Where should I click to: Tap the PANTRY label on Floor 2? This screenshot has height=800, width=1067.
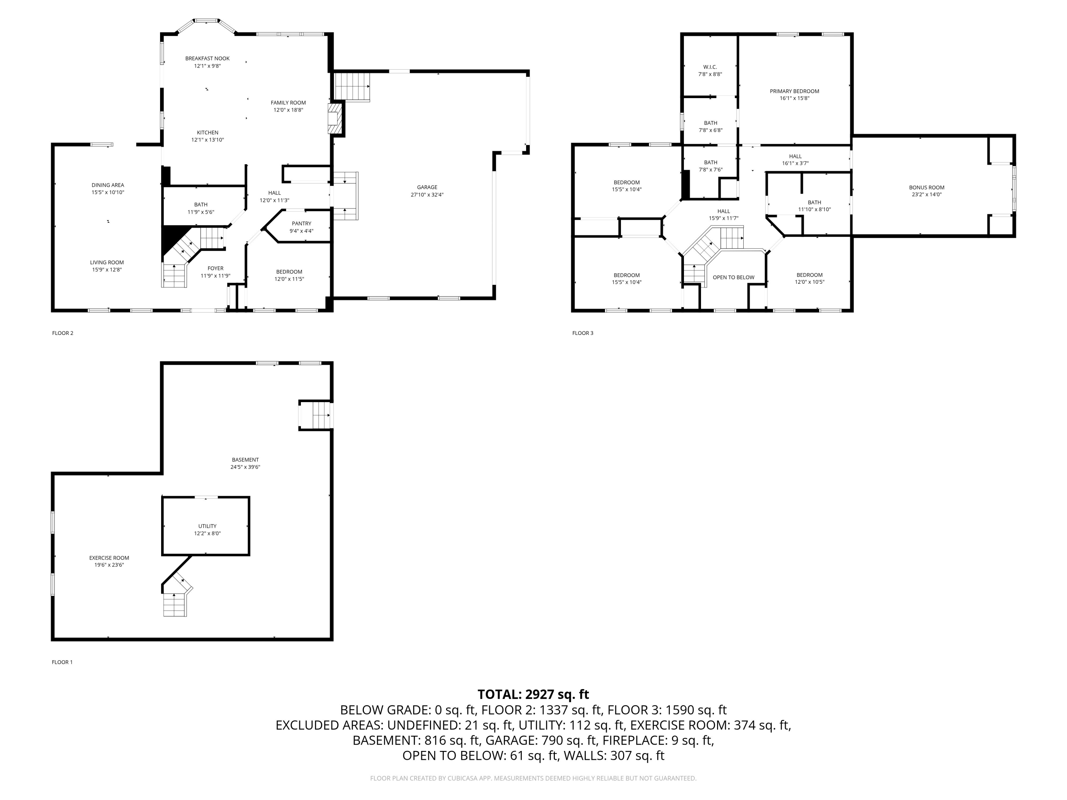(x=302, y=223)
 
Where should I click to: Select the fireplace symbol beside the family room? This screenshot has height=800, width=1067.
(x=334, y=119)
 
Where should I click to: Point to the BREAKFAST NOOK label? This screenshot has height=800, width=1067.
(x=207, y=58)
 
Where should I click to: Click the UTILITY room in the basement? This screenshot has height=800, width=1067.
(x=207, y=526)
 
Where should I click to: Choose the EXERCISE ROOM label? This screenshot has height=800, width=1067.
(x=109, y=558)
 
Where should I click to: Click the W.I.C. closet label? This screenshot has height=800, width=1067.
(x=710, y=67)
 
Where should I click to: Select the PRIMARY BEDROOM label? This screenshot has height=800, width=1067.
(x=795, y=91)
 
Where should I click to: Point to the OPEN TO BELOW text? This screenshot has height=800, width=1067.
(x=733, y=277)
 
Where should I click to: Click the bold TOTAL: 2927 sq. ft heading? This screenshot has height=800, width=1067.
(x=533, y=694)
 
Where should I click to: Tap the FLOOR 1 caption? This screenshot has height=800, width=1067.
(x=62, y=662)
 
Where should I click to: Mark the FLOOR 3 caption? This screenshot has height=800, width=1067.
(x=583, y=333)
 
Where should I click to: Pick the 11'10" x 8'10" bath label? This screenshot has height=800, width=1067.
(x=814, y=210)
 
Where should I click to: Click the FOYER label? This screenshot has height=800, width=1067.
(x=215, y=268)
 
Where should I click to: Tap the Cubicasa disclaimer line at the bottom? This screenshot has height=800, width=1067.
(x=533, y=778)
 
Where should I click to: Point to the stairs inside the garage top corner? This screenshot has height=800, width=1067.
(x=352, y=86)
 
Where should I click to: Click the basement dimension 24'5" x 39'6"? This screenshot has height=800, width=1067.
(x=245, y=467)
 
